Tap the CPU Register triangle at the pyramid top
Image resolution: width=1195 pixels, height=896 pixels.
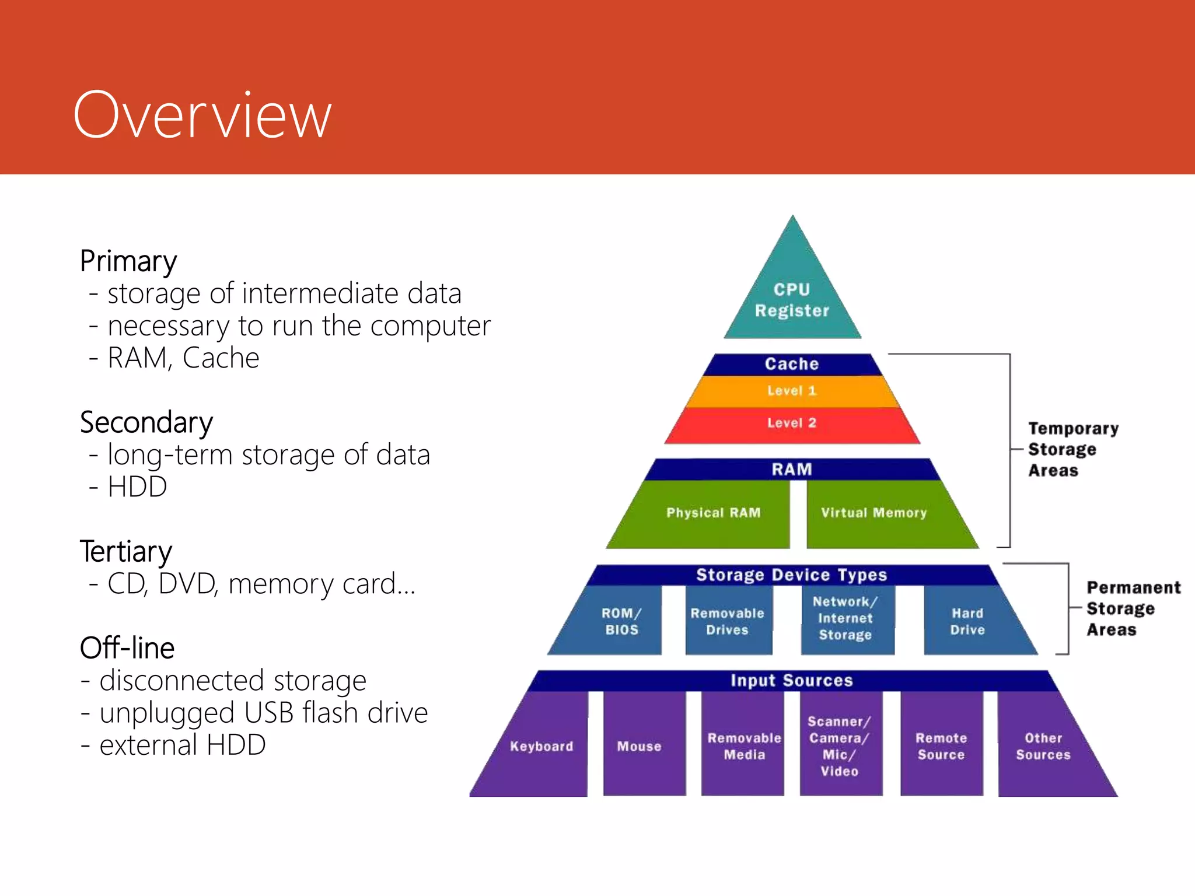tap(792, 299)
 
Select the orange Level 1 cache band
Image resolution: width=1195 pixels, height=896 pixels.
tap(792, 391)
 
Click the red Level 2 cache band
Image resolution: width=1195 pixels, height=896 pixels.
tap(792, 423)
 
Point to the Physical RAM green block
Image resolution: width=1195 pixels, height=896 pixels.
tap(713, 513)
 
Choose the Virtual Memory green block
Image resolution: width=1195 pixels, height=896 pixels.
tap(873, 513)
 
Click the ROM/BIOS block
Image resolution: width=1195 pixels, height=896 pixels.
tap(621, 621)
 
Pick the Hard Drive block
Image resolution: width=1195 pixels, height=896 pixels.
tap(967, 621)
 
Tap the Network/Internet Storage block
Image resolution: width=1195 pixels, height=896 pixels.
tap(845, 618)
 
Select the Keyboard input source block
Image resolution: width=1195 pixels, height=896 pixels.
tap(541, 747)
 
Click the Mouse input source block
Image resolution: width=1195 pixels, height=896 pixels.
tap(640, 747)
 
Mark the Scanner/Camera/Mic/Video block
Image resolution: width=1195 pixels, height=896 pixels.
tap(839, 747)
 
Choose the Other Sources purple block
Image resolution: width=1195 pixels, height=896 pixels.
tap(1043, 747)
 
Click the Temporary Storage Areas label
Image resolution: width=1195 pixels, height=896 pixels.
tap(1072, 449)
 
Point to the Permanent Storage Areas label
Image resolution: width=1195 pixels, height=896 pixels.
tap(1132, 608)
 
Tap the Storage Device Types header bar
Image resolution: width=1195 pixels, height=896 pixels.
tap(792, 575)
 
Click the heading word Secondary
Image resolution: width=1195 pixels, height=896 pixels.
tap(146, 423)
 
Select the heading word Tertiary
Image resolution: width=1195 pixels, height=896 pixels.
tap(126, 552)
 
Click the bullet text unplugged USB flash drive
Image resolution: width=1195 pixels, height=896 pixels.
tap(263, 713)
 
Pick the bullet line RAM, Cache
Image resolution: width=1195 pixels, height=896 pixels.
tap(183, 358)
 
